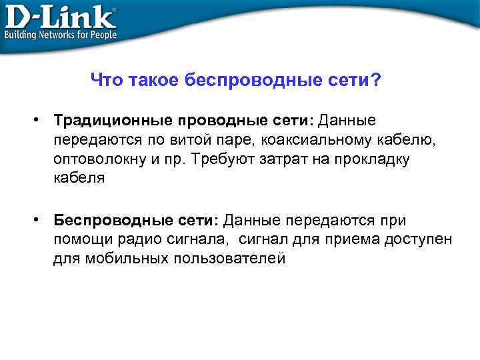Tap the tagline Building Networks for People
coord(61,34)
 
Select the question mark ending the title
coord(377,81)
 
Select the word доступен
coord(417,240)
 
